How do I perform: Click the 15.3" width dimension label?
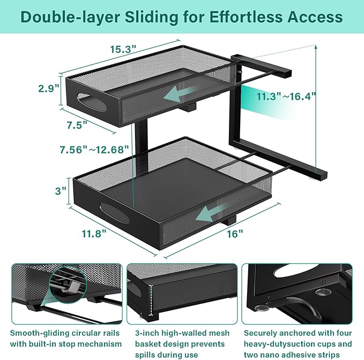(x=123, y=49)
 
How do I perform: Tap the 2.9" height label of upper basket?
(x=49, y=89)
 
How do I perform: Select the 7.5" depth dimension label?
(x=77, y=125)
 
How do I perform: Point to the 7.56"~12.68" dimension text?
(x=94, y=150)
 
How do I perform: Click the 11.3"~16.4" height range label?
(x=286, y=96)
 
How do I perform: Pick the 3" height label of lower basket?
(x=61, y=191)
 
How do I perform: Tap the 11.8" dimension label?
(x=94, y=234)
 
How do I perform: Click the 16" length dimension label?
(x=235, y=234)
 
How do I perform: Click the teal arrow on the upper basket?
(x=180, y=93)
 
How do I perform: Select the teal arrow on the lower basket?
(x=211, y=213)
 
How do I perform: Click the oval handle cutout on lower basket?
(x=114, y=213)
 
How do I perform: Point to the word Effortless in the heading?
(x=246, y=17)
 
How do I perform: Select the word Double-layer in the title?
(x=70, y=17)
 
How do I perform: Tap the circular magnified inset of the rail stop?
(x=68, y=285)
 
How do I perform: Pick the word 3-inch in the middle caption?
(x=147, y=333)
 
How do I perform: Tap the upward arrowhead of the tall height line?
(x=316, y=47)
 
